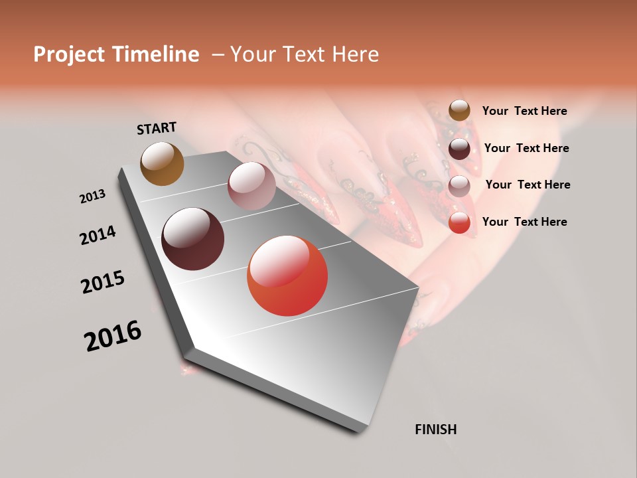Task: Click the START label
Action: pos(157,128)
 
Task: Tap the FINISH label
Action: pos(435,430)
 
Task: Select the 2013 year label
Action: pos(92,197)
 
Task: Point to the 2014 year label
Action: pos(98,236)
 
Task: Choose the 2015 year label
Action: pos(103,282)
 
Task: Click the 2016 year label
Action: pos(113,336)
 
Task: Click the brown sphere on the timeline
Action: pos(162,163)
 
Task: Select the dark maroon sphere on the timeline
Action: pos(192,239)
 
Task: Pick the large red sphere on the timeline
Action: pos(287,276)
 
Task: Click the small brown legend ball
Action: pos(459,111)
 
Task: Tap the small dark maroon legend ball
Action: pos(459,149)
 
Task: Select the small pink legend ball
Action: pos(459,186)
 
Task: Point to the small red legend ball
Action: pos(459,223)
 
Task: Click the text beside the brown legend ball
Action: pos(524,112)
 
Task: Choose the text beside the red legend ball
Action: pos(524,222)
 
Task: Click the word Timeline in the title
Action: pos(155,55)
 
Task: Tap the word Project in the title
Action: pos(70,55)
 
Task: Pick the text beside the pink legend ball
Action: pos(528,185)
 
